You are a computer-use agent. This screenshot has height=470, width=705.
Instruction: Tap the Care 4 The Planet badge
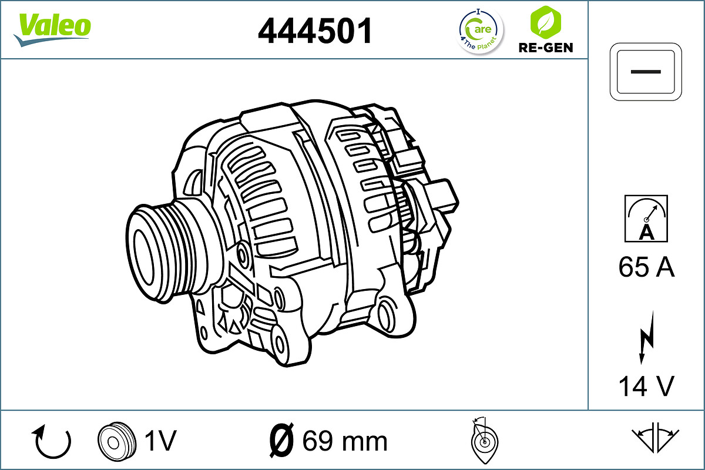click(x=481, y=30)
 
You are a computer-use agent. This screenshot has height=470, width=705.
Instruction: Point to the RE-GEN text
click(x=545, y=48)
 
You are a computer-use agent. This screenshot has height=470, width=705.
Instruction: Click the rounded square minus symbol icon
click(x=646, y=72)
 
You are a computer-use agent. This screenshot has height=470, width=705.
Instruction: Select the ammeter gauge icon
click(x=646, y=218)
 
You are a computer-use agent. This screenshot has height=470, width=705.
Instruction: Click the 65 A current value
click(x=646, y=268)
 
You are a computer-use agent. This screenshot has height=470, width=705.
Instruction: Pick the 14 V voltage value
click(x=646, y=386)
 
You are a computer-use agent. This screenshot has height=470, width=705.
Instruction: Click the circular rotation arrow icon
click(x=52, y=442)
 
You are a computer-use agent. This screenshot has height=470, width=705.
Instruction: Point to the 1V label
click(x=160, y=441)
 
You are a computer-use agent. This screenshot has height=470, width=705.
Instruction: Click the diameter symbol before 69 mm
click(x=281, y=441)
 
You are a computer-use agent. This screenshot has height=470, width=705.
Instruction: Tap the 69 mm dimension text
click(x=344, y=441)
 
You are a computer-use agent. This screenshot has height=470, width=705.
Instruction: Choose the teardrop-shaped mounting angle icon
click(x=484, y=442)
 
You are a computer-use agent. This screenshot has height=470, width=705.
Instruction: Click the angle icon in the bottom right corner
click(x=655, y=438)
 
